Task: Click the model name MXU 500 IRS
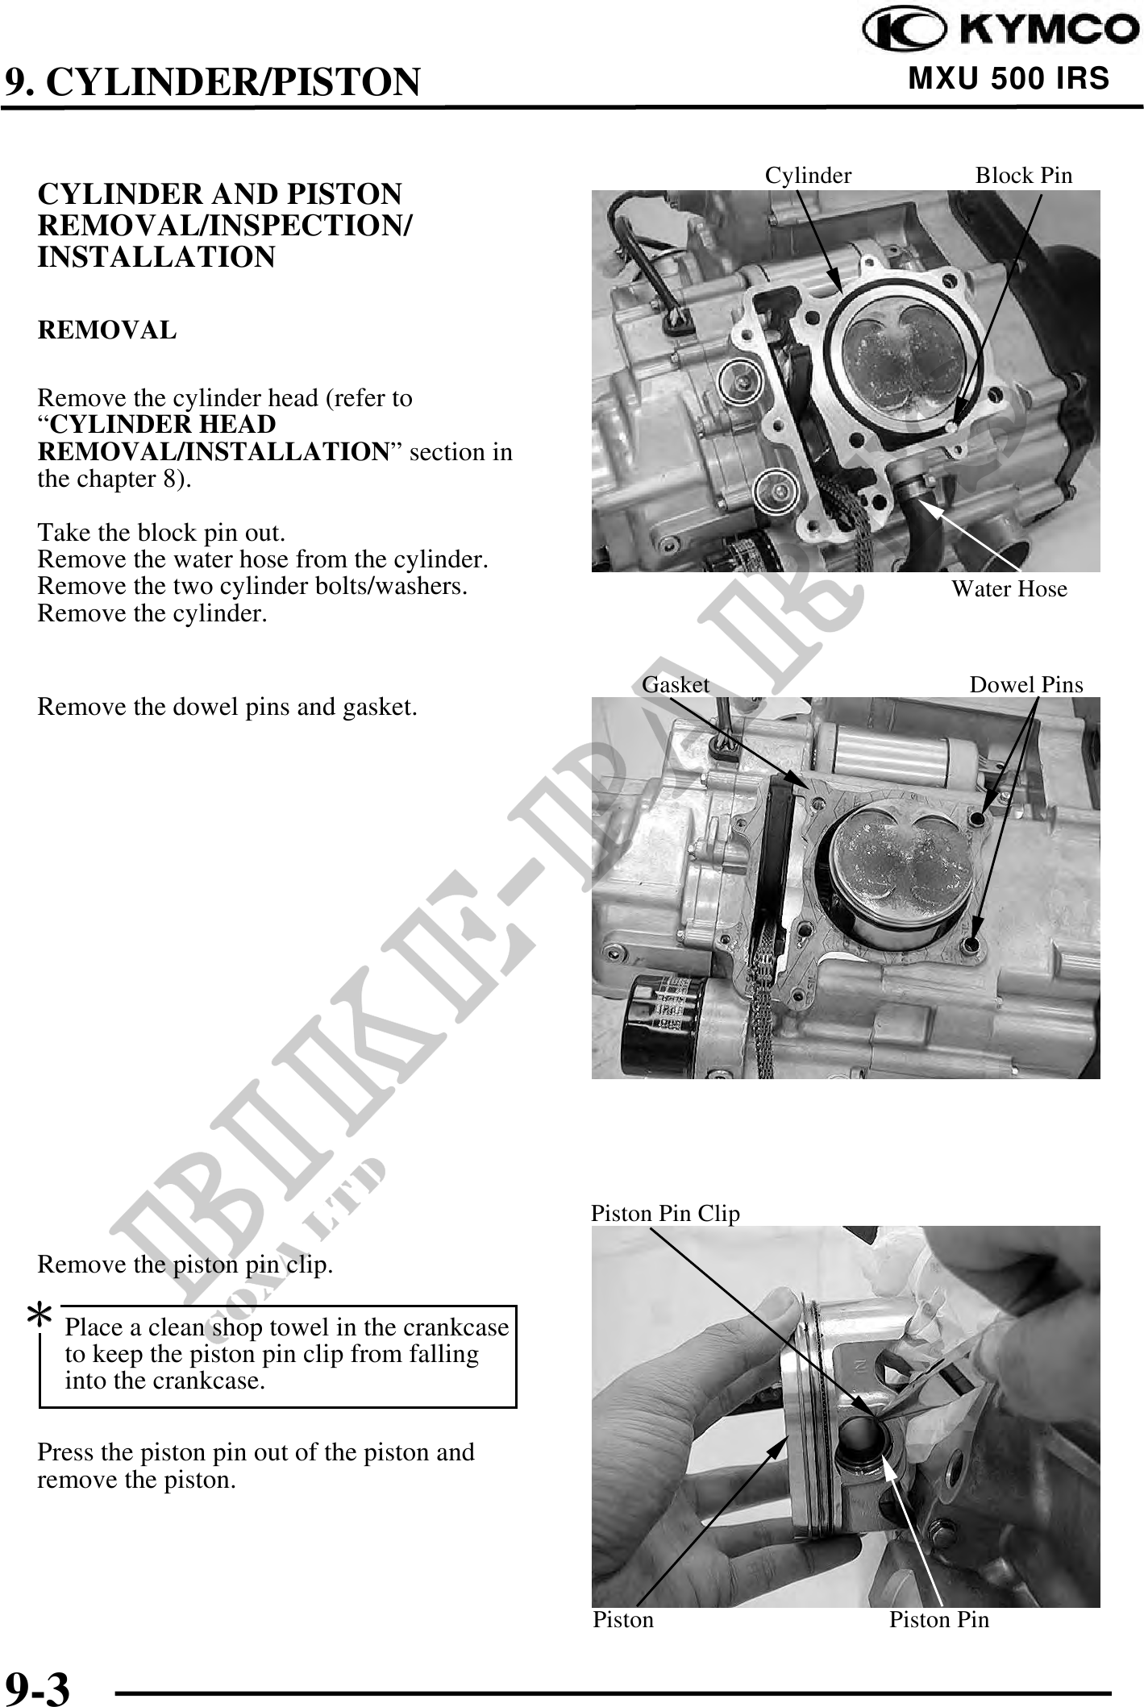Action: click(x=1009, y=79)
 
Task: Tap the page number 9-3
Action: click(x=38, y=1683)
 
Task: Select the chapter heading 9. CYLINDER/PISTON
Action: click(x=213, y=81)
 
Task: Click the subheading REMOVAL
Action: click(x=107, y=330)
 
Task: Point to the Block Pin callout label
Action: click(x=1024, y=175)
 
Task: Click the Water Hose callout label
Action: click(x=1009, y=589)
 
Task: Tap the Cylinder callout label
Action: click(x=808, y=175)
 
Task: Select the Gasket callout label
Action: click(x=676, y=684)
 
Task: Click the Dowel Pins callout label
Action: click(x=1026, y=685)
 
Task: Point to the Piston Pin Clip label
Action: click(x=665, y=1213)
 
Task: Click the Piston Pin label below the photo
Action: click(x=939, y=1620)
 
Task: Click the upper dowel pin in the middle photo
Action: click(x=980, y=819)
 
